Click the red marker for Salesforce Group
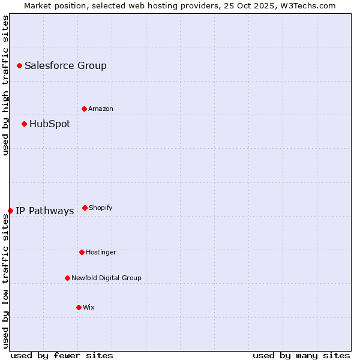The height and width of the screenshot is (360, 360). coord(19,65)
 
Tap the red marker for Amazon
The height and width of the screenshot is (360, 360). coord(84,109)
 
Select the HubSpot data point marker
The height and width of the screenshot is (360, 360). coord(24,124)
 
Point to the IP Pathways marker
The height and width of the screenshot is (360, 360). coord(10,211)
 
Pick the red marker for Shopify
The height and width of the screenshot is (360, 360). coord(85,208)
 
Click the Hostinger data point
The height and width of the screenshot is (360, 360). coord(82,252)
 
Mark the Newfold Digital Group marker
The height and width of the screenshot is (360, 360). coord(67,278)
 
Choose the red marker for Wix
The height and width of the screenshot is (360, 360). coord(79,307)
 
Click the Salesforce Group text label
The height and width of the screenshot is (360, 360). coord(65,65)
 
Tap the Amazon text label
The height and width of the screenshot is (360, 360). coord(101,109)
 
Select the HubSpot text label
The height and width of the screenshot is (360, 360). coord(50,124)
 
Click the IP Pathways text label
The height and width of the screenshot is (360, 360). coord(45,211)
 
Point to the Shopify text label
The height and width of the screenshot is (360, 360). coord(101,208)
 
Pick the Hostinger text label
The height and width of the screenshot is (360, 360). coord(101,252)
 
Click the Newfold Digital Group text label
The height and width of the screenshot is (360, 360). coord(106,278)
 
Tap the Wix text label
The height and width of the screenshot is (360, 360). coord(89,307)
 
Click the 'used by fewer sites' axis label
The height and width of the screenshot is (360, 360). coord(62,355)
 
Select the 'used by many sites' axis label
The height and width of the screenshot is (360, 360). coord(301,355)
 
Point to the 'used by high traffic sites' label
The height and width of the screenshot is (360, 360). coord(5,85)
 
